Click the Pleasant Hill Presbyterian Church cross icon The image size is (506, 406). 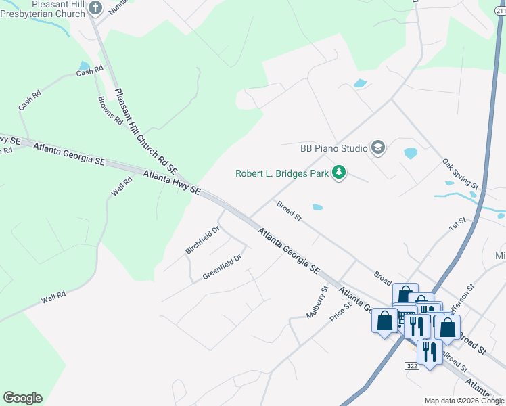(x=95, y=8)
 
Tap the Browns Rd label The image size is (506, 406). (x=110, y=111)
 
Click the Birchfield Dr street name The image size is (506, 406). (x=202, y=240)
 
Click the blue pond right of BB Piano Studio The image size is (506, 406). (x=411, y=153)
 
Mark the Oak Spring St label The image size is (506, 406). (x=460, y=174)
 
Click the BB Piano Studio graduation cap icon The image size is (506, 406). (x=377, y=148)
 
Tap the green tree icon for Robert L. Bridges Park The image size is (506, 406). (x=338, y=173)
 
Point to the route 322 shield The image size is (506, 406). (x=412, y=365)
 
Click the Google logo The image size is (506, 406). (x=22, y=398)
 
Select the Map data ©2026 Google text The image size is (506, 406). (x=464, y=401)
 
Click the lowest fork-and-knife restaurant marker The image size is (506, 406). (x=430, y=351)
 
